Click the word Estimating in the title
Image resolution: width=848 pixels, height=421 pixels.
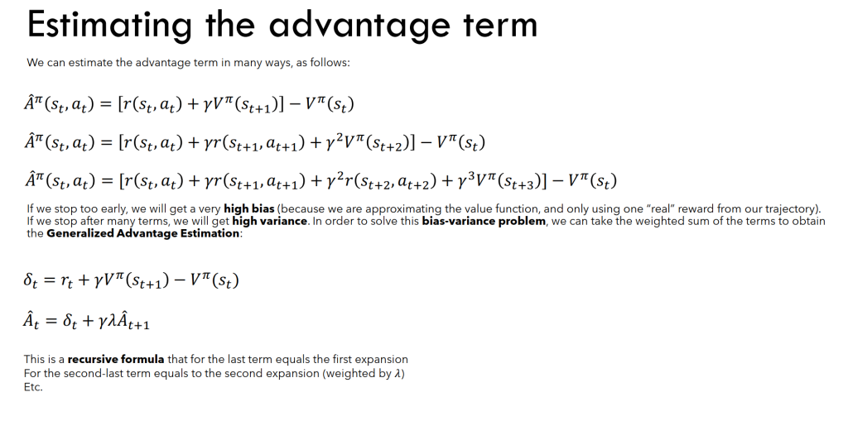pos(109,25)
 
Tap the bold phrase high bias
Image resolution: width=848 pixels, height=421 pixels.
pos(248,208)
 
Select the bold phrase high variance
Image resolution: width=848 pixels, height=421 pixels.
pos(269,221)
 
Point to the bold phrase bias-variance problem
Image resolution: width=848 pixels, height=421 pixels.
pos(484,221)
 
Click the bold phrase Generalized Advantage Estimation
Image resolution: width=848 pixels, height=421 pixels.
pos(142,233)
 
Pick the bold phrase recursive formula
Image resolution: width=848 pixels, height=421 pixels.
pos(116,360)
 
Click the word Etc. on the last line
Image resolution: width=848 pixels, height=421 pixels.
pos(33,387)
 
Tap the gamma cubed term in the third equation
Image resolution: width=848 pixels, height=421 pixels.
pos(463,180)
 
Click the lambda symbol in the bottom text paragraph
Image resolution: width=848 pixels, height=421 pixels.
pos(398,374)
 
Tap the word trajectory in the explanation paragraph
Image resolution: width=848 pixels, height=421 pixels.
pos(794,208)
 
